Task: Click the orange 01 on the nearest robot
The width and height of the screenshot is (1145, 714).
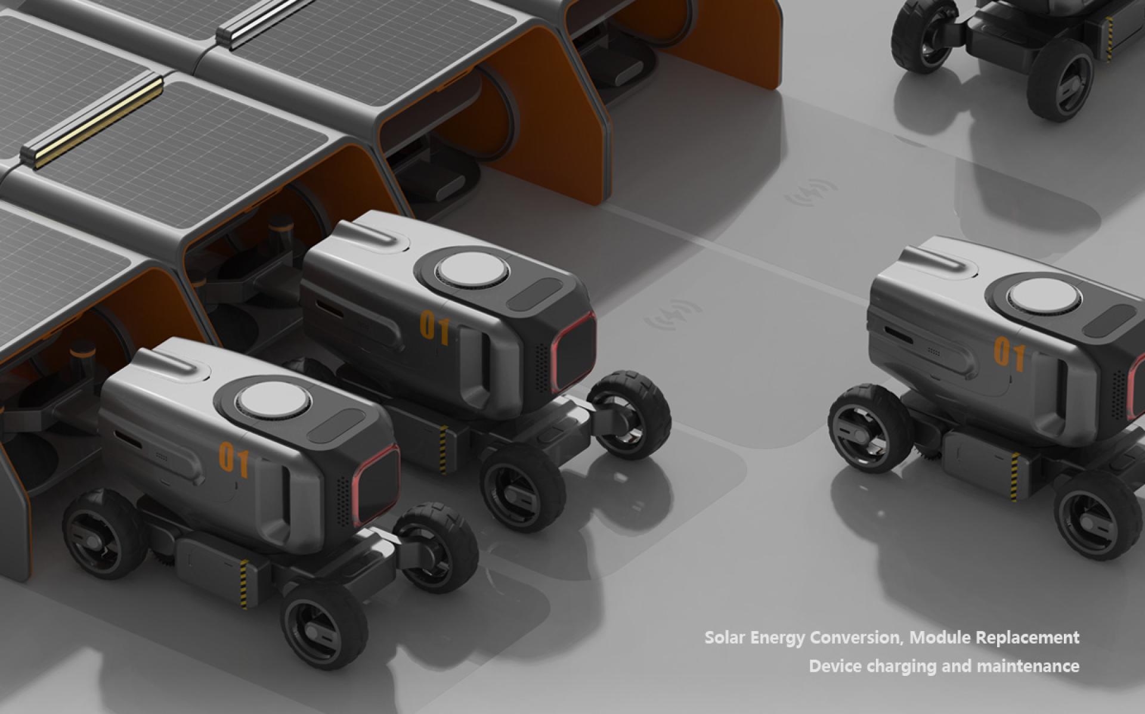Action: (x=234, y=458)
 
